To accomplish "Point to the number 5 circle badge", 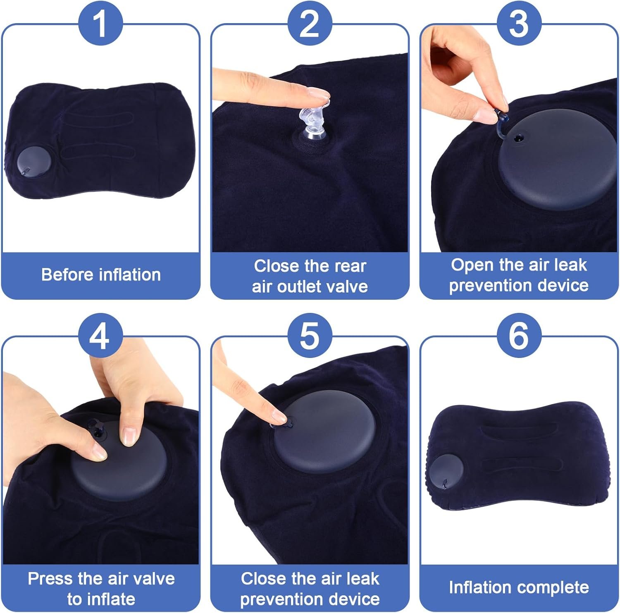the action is (x=310, y=336).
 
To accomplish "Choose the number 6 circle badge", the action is (x=519, y=336).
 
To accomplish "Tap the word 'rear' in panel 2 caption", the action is (x=351, y=266).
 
